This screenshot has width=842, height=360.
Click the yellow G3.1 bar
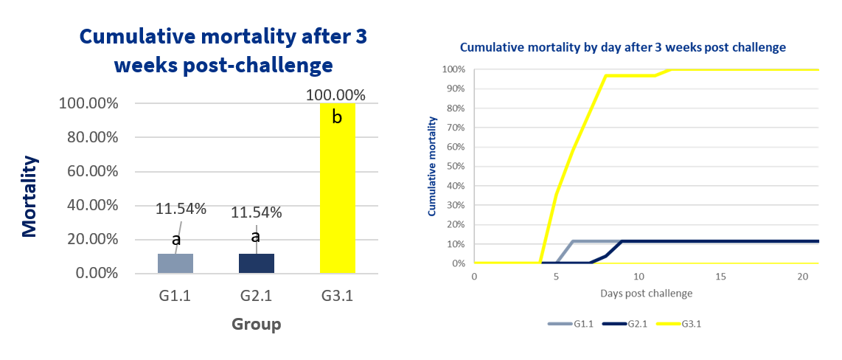[x=337, y=188]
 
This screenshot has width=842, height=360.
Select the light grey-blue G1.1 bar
[x=175, y=263]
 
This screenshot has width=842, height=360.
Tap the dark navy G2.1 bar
[x=257, y=263]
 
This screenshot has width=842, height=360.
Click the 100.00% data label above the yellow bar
[x=335, y=96]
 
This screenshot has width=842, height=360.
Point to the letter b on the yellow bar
[x=337, y=117]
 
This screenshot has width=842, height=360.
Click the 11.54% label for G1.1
[x=181, y=209]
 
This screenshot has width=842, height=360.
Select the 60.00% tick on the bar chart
[x=91, y=171]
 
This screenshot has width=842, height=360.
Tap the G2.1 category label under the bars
[x=256, y=296]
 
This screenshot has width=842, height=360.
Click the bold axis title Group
[x=256, y=325]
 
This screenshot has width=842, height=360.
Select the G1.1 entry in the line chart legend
[x=570, y=324]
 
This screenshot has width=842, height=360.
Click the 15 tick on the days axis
[x=720, y=276]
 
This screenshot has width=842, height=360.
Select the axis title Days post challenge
[x=646, y=294]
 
